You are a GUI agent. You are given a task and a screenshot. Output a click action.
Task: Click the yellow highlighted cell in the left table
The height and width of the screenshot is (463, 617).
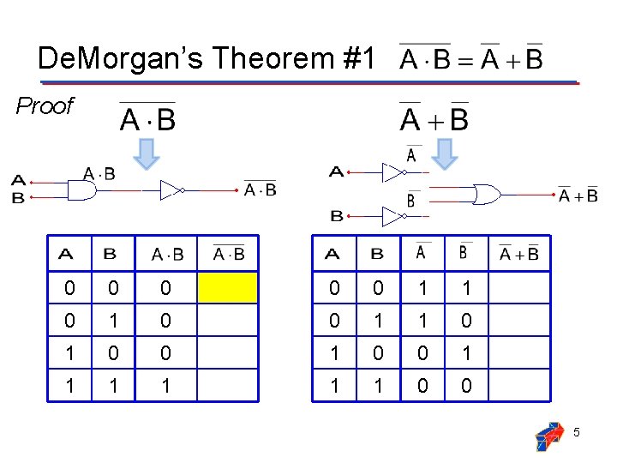tap(227, 288)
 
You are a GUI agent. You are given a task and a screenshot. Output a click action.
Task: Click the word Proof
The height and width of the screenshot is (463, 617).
tap(45, 106)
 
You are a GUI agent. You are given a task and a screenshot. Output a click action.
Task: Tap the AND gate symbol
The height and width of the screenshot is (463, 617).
tap(81, 189)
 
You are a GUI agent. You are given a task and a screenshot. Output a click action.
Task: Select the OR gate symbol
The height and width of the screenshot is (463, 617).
tap(488, 195)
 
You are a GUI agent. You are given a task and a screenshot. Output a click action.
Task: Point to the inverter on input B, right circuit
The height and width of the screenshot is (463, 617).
tap(392, 216)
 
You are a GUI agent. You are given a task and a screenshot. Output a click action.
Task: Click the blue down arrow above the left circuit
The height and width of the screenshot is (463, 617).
tap(148, 152)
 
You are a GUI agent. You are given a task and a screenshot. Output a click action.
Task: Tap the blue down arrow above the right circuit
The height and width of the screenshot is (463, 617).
tap(445, 152)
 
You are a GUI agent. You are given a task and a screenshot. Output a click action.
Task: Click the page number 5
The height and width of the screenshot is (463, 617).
tap(577, 433)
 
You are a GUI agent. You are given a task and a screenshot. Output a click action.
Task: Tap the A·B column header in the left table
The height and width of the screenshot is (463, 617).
tap(167, 254)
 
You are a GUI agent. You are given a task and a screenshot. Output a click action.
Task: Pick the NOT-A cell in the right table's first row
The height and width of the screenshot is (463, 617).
tap(422, 288)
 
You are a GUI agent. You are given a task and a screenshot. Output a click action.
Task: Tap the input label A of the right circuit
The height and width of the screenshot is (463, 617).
tap(337, 172)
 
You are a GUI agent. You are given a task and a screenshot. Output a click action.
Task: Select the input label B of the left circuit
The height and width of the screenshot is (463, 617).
tap(18, 198)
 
